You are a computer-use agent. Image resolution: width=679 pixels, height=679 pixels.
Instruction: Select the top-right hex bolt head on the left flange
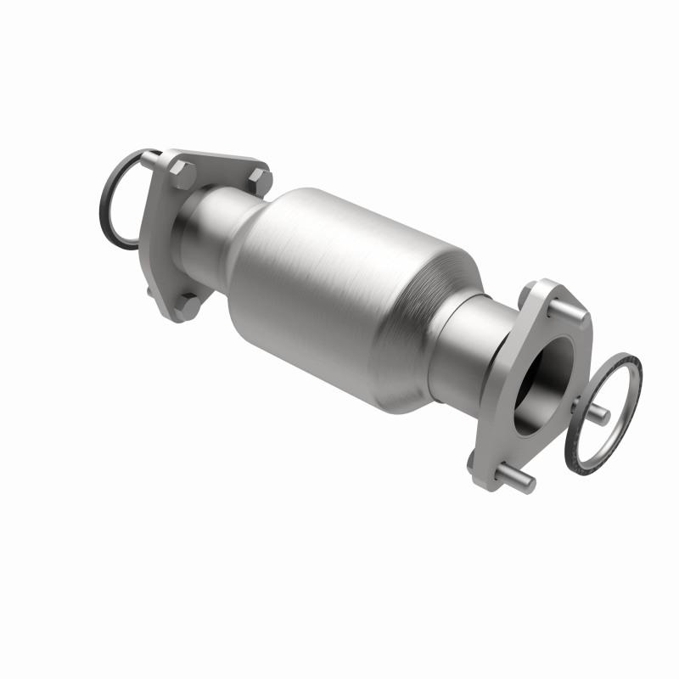[260, 179]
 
